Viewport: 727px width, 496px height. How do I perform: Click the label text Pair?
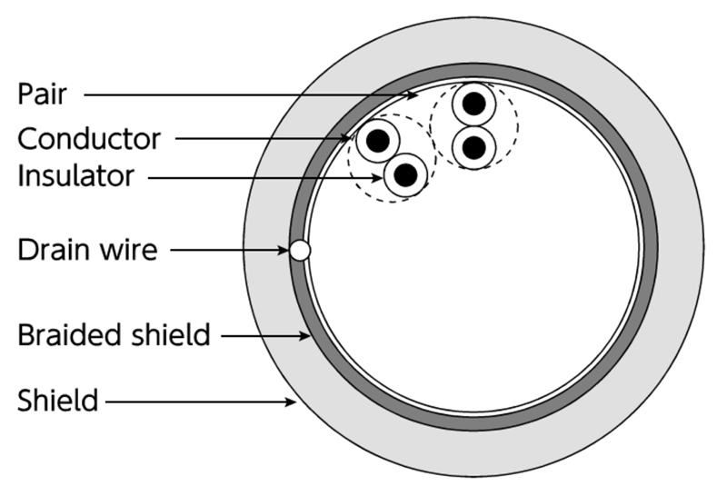pos(43,93)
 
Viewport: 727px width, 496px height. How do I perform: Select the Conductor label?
pos(89,139)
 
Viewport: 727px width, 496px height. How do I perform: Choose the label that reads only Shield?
pos(57,400)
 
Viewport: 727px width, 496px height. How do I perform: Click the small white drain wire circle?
pos(300,250)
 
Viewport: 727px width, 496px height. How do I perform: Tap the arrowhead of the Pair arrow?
pos(415,94)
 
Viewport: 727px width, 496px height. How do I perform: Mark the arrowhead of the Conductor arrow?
pos(350,139)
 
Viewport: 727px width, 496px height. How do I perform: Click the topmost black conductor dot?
pos(473,104)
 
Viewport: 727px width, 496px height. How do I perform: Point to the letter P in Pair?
pos(25,93)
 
